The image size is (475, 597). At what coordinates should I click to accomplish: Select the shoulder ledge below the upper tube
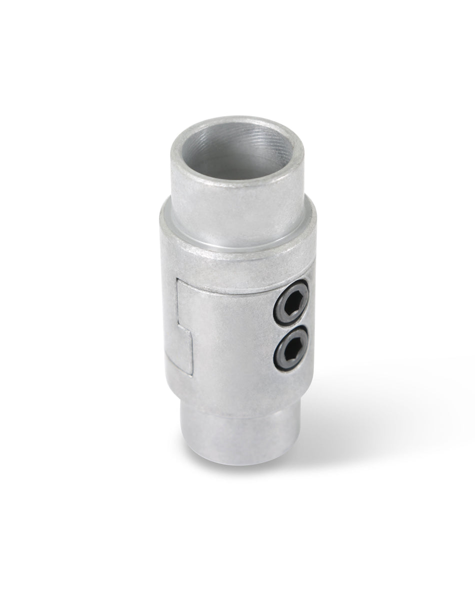coord(235,245)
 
